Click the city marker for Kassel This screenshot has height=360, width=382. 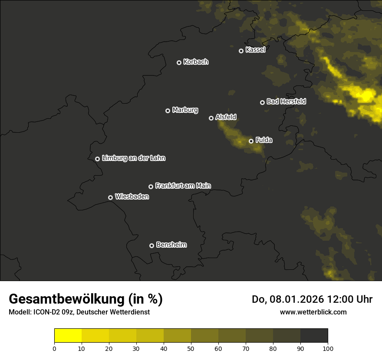coord(241,51)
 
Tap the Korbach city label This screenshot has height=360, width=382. coord(196,62)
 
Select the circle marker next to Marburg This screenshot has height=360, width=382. coord(168,111)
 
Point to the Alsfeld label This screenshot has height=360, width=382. coord(226,117)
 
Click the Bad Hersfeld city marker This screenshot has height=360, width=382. coord(262,102)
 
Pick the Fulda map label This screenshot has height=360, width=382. coord(264,140)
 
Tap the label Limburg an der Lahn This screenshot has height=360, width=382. coord(134,158)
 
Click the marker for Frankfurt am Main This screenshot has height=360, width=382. coord(151,187)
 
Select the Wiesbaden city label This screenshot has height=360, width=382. coord(132,197)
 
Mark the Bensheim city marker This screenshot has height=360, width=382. coord(151,245)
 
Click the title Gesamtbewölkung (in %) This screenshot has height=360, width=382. coord(86,299)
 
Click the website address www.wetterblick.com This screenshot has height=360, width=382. coord(313,312)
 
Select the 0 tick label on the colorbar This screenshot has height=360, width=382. coord(54,348)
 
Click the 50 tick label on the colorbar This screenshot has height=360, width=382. coord(191,348)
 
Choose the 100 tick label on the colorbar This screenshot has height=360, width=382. coord(328,348)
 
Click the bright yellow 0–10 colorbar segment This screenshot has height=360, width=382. coord(68,336)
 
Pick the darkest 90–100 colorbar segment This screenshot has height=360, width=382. coord(314,336)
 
